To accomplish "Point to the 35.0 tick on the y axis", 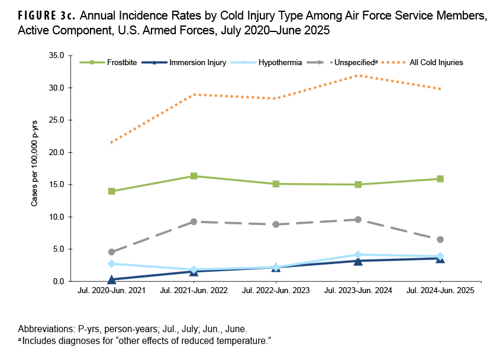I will click(57, 55).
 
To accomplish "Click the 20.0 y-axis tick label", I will click(57, 152).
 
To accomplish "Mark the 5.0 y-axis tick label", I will click(59, 249).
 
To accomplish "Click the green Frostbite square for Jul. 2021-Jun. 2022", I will click(194, 176).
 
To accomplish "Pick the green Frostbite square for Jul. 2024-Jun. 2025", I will click(440, 179).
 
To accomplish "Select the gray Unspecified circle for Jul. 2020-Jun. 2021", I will click(111, 252).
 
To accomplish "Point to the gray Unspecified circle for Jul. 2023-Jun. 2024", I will click(358, 220).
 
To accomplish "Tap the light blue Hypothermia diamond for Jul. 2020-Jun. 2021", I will click(111, 263).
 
